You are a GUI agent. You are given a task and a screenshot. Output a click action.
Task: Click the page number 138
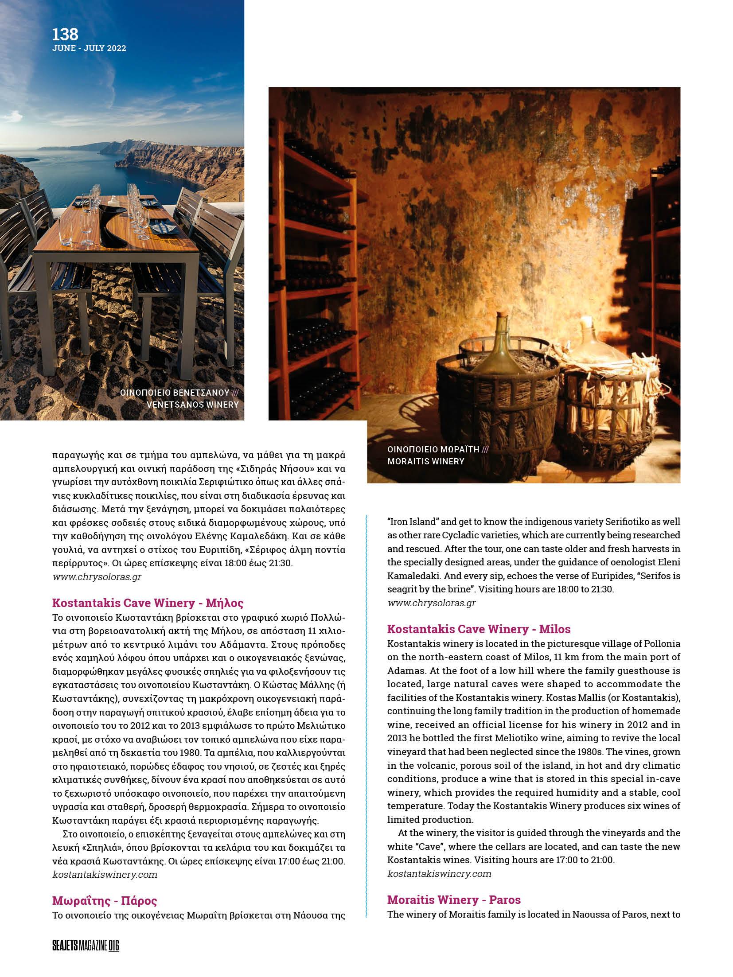point(65,34)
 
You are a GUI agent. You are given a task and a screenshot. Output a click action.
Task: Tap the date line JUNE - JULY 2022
point(89,48)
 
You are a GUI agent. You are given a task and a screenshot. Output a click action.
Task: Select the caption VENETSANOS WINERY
point(192,404)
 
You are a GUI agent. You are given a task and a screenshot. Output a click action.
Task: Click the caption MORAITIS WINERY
point(425,461)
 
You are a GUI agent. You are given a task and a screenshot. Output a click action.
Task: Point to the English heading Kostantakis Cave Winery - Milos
point(479,629)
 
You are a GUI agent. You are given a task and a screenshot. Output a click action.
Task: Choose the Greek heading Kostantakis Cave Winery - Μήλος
point(148,603)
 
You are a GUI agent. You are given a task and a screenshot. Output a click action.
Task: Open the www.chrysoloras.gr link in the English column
point(431,603)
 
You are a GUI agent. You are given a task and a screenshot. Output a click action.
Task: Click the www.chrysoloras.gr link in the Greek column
point(97,576)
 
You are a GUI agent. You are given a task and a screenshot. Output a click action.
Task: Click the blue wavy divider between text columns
point(366,718)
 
